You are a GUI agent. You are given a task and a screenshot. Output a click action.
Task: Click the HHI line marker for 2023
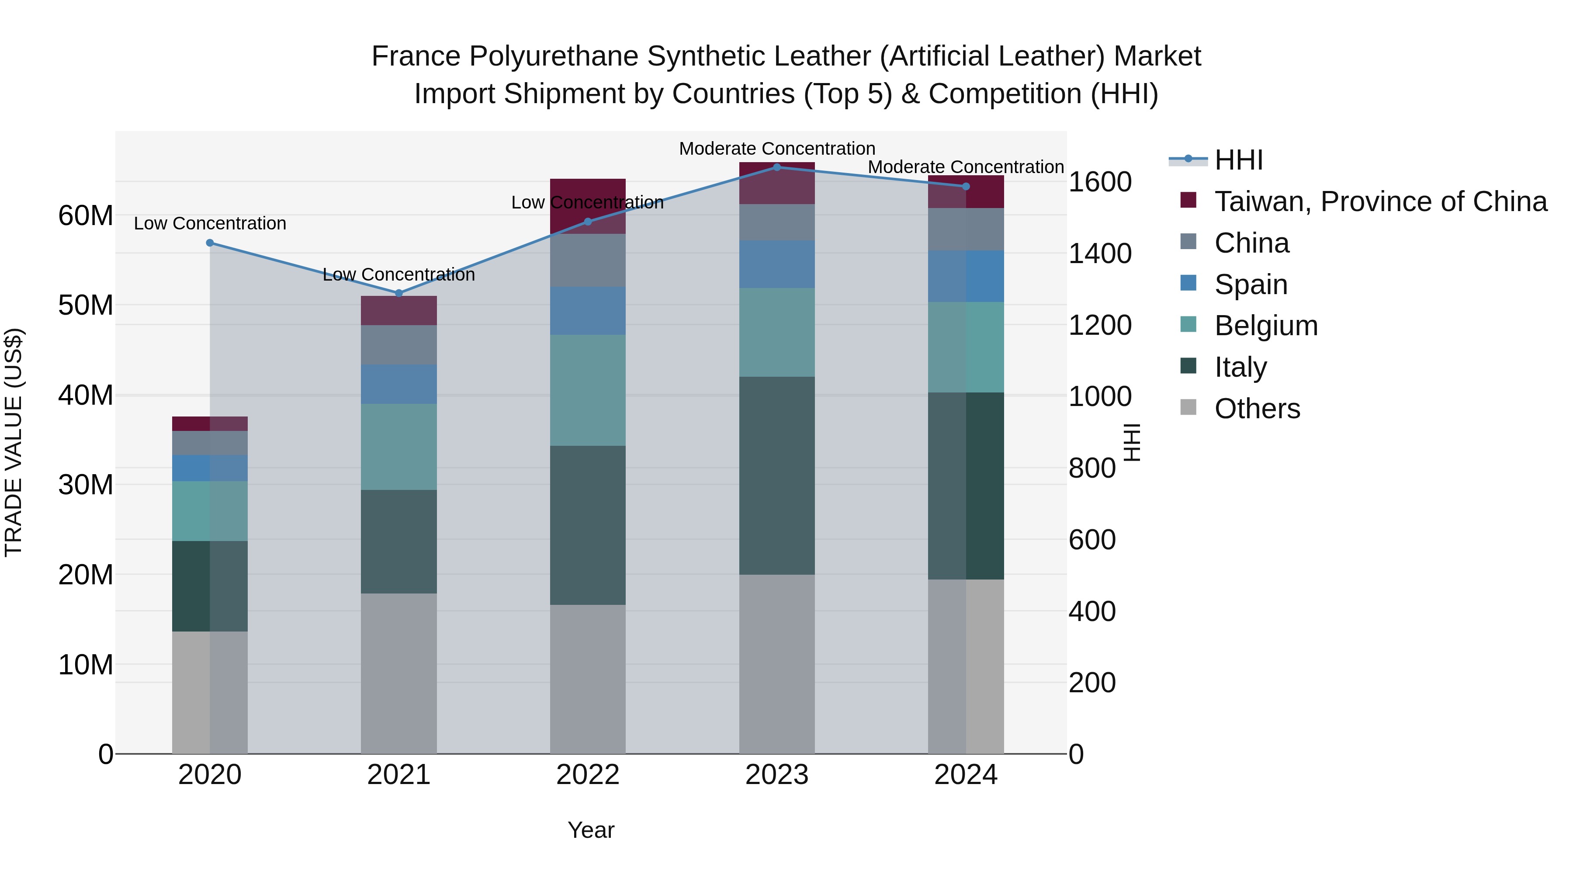tap(777, 167)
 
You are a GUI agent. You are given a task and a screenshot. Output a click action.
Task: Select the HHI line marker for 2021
tap(399, 293)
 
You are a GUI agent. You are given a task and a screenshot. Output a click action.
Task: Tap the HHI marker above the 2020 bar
tap(210, 243)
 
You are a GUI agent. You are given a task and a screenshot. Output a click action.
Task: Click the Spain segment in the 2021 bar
tap(399, 384)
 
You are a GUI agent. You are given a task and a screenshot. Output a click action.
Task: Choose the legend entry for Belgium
tap(1265, 326)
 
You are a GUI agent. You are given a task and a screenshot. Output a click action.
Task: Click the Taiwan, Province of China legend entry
tap(1380, 201)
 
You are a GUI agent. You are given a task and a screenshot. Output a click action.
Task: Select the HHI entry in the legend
tap(1238, 160)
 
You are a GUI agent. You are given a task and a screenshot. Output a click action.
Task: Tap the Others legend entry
tap(1257, 409)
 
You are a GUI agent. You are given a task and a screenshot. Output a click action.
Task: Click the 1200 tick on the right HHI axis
tap(1099, 326)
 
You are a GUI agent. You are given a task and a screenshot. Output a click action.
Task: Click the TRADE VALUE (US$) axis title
tap(14, 442)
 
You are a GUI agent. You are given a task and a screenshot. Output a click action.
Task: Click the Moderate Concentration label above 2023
tap(777, 149)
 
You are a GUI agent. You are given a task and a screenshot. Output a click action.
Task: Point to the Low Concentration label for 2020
tap(210, 223)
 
